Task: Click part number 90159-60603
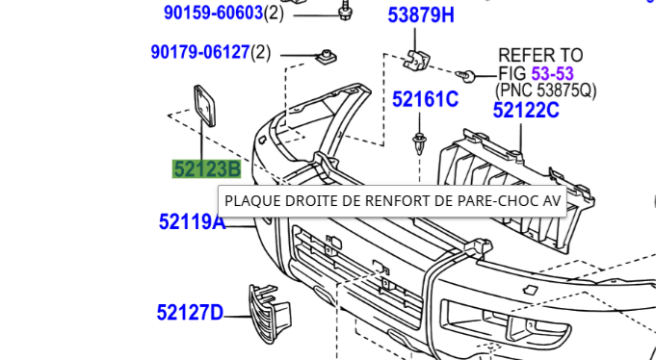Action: tap(213, 13)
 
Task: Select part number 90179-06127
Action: tap(200, 53)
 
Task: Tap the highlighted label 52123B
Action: tap(207, 169)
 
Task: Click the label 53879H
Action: tap(420, 16)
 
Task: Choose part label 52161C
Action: tap(425, 100)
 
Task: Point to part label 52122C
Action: tap(526, 111)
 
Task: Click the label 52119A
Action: tap(192, 221)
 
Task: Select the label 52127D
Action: tap(190, 312)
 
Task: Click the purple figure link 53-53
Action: tap(552, 74)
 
